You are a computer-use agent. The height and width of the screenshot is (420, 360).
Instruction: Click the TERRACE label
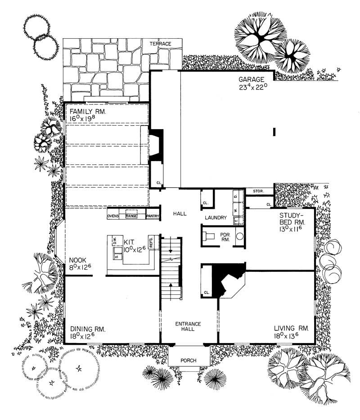pyautogui.click(x=161, y=44)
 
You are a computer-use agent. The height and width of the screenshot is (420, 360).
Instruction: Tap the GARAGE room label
pyautogui.click(x=251, y=80)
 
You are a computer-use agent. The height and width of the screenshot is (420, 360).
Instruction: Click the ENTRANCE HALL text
pyautogui.click(x=188, y=327)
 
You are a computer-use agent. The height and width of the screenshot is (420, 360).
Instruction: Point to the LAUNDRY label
pyautogui.click(x=216, y=218)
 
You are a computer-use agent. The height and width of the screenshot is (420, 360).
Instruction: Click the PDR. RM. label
pyautogui.click(x=225, y=237)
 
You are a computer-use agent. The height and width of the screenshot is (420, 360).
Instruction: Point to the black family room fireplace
pyautogui.click(x=156, y=144)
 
